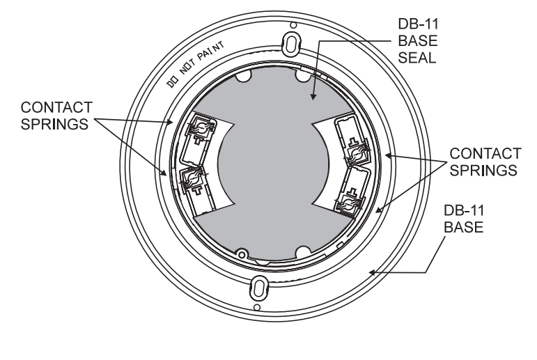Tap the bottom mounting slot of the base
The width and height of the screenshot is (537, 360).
click(257, 286)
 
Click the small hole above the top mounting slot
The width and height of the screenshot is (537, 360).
click(293, 25)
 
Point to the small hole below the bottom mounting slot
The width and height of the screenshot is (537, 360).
click(256, 306)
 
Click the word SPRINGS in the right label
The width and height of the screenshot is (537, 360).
click(483, 169)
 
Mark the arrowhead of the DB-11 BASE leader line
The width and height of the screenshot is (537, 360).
click(373, 274)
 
